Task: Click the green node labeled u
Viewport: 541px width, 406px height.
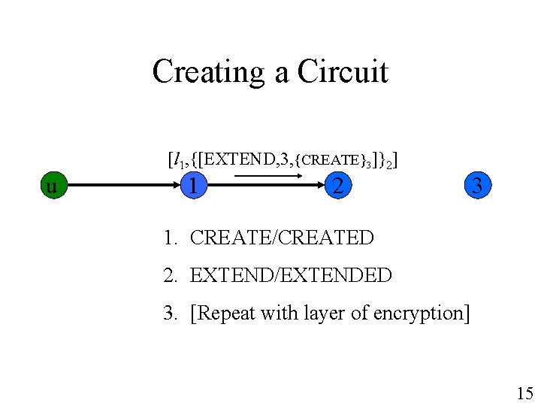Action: (x=54, y=186)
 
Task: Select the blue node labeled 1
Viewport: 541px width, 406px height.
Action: (x=194, y=186)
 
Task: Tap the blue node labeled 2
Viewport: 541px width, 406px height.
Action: (x=338, y=186)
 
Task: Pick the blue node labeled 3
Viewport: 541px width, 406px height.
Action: (x=478, y=186)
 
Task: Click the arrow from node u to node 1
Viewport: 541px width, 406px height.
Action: (x=124, y=186)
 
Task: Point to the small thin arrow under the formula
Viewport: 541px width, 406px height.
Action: (x=268, y=176)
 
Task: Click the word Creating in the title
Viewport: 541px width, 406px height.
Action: (x=208, y=72)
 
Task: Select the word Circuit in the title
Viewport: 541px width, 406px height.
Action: (x=343, y=71)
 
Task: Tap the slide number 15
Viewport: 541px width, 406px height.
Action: (x=524, y=393)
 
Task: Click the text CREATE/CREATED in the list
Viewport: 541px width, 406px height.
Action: (x=282, y=238)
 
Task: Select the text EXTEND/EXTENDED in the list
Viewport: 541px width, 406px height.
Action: (x=291, y=275)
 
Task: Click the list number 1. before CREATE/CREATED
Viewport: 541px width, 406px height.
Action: (x=171, y=238)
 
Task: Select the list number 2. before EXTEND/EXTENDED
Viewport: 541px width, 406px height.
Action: (x=171, y=275)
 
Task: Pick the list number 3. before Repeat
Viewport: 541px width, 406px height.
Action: (x=171, y=313)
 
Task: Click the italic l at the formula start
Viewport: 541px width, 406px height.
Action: (x=177, y=159)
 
